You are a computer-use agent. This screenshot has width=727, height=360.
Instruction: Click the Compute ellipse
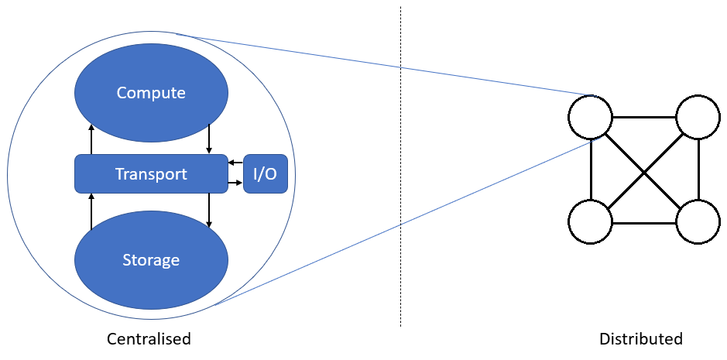(151, 93)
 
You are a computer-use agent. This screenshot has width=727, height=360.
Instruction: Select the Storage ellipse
(151, 260)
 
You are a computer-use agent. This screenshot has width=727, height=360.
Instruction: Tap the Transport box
(151, 174)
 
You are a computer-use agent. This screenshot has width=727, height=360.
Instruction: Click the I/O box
(266, 174)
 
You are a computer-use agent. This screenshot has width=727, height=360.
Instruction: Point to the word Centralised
(149, 339)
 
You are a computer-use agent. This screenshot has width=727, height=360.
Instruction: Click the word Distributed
(640, 339)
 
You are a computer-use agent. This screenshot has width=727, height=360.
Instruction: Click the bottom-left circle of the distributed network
(591, 222)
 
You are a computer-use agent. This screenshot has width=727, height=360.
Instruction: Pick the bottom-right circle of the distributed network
(698, 222)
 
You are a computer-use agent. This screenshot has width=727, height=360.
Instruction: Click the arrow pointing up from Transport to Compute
(91, 139)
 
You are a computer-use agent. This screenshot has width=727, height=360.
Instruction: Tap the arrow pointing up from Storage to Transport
(91, 211)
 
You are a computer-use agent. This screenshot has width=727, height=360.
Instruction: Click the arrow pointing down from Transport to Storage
(210, 210)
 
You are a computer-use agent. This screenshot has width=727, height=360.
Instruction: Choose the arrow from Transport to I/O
(236, 183)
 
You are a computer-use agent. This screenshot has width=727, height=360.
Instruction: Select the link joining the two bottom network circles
(644, 222)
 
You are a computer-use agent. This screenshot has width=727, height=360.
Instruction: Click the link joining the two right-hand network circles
(698, 170)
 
